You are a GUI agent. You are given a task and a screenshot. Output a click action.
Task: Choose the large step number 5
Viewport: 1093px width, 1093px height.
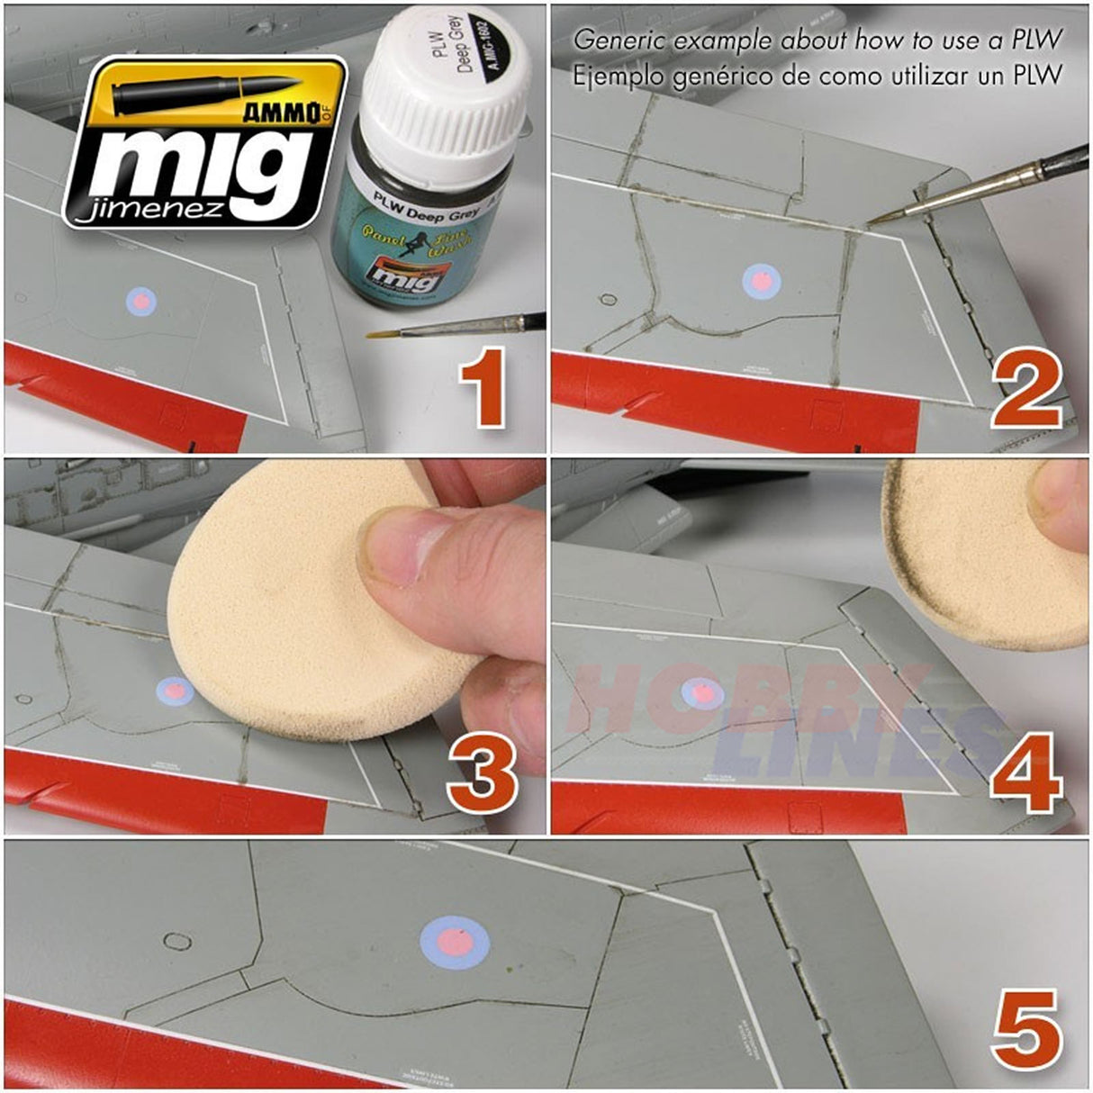tap(1026, 1035)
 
